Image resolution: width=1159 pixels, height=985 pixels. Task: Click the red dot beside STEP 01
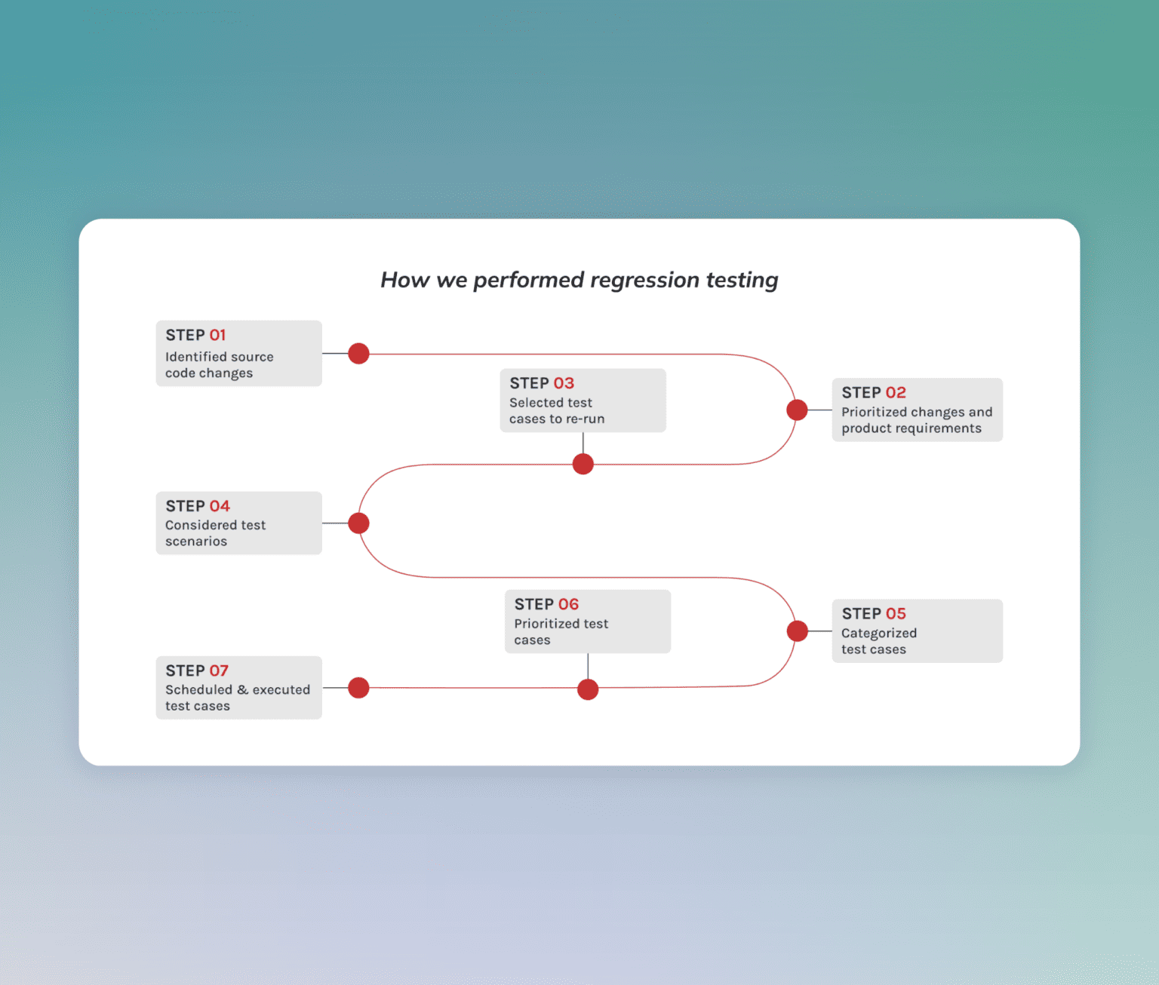tap(358, 353)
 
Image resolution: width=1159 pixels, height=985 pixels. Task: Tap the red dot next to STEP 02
tap(797, 410)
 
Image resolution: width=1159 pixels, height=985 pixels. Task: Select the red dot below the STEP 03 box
tap(583, 464)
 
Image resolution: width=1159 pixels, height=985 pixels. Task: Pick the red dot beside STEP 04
tap(358, 523)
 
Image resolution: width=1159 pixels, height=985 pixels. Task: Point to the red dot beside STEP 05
tap(797, 631)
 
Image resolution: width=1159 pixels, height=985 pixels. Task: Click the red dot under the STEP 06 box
tap(588, 689)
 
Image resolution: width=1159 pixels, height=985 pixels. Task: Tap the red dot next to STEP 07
tap(358, 688)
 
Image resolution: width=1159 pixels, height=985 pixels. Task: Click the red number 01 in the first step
tap(217, 335)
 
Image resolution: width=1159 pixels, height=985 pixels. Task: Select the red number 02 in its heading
tap(896, 393)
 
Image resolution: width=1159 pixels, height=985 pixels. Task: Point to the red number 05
tap(896, 614)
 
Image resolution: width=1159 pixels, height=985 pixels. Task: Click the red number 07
tap(219, 670)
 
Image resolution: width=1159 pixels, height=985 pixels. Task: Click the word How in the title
tap(404, 280)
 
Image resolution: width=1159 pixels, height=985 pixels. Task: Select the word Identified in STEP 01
tap(196, 357)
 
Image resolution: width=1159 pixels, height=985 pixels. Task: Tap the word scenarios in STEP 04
tap(196, 542)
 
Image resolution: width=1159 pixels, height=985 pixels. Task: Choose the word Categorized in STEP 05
tap(879, 634)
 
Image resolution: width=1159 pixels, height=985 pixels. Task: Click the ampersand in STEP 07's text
tap(242, 690)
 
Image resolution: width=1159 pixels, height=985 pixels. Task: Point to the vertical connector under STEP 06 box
tap(588, 666)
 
